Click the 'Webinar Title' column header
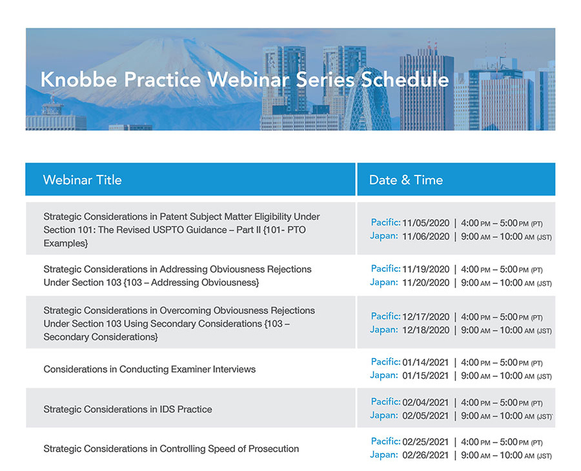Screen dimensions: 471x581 82,180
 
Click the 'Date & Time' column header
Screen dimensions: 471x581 405,180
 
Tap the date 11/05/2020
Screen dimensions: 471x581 425,223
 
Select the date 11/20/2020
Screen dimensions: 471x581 425,283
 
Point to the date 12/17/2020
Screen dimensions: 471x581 425,317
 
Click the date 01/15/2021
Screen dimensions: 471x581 425,376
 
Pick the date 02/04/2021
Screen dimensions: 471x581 425,402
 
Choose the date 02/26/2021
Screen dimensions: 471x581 425,456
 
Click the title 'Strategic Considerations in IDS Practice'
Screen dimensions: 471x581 127,409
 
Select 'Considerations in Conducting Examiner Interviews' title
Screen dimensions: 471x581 149,369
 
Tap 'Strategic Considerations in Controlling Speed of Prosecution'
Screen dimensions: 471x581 171,448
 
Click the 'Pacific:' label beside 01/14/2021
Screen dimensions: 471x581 385,362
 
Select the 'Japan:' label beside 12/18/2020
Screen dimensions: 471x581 383,330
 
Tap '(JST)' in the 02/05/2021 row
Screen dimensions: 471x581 543,416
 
